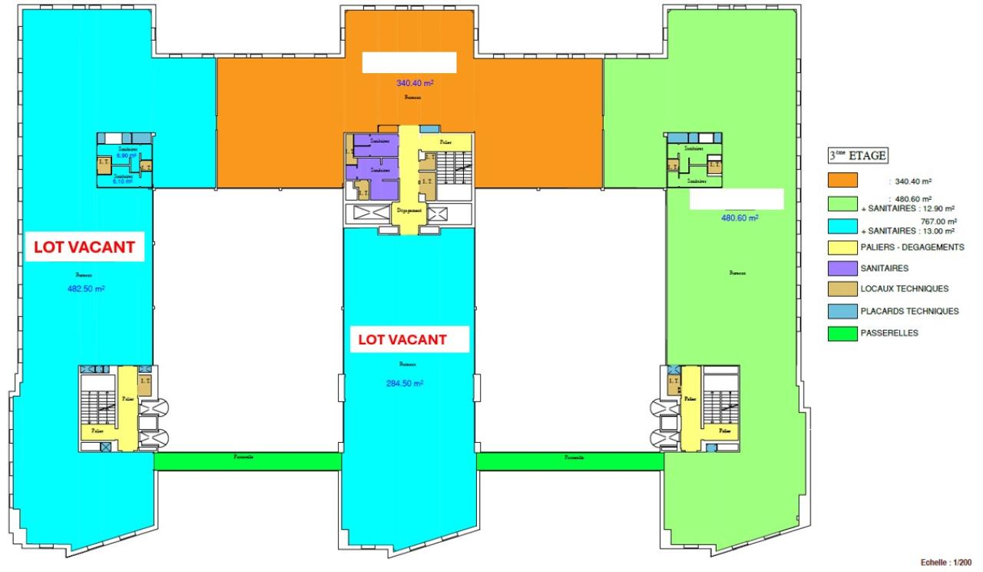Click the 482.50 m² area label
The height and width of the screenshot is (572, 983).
tap(85, 289)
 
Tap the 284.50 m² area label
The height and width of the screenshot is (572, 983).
tap(405, 384)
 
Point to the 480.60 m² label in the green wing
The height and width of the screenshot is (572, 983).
tap(739, 218)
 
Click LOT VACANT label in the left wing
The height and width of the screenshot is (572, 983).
tap(84, 248)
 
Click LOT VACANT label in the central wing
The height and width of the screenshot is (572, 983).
tap(402, 339)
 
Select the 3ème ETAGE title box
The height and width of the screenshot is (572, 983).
tap(856, 155)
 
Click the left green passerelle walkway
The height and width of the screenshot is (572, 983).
tap(247, 461)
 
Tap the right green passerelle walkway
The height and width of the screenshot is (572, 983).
tap(570, 461)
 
